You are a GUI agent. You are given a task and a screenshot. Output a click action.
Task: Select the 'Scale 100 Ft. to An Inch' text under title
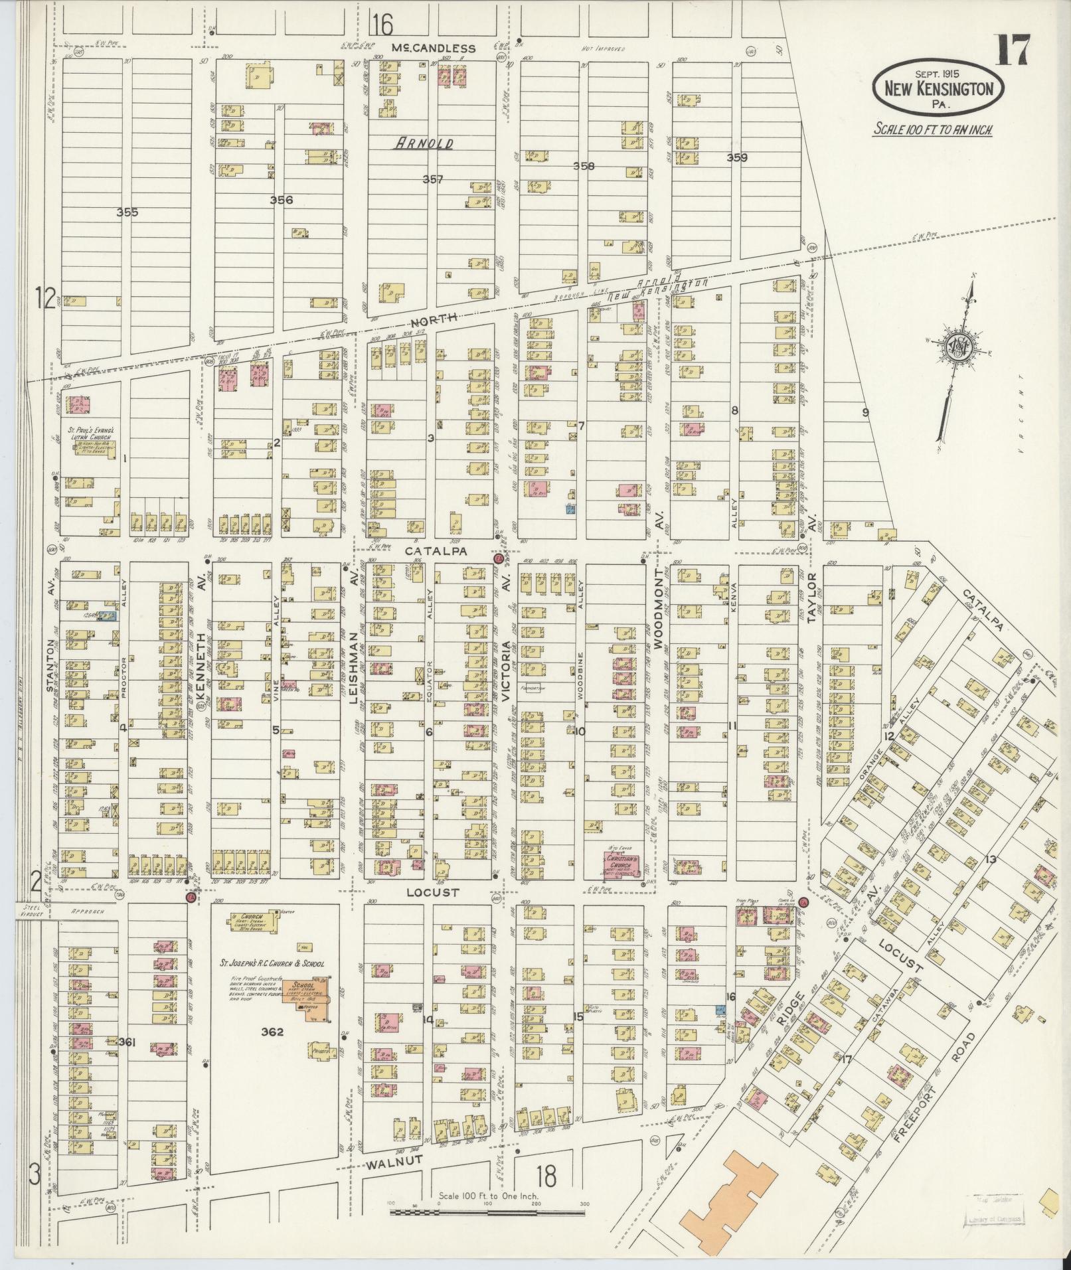tap(932, 129)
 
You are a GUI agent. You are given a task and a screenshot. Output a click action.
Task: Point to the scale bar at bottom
tap(488, 748)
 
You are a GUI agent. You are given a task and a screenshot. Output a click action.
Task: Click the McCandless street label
tap(433, 48)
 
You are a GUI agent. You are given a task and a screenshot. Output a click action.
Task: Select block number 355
tap(127, 212)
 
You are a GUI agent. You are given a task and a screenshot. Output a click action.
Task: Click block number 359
tap(737, 157)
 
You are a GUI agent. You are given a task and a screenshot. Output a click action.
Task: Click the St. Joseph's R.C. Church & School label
tap(272, 962)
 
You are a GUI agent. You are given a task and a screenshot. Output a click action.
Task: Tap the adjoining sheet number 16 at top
tap(382, 25)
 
